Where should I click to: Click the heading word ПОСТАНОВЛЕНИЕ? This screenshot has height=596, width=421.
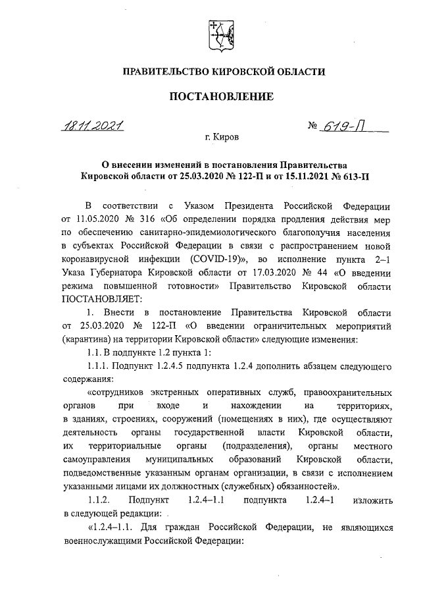(x=221, y=97)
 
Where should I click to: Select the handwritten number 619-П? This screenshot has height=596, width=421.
(x=349, y=126)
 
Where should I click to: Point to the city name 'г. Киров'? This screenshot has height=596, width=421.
(x=222, y=138)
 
